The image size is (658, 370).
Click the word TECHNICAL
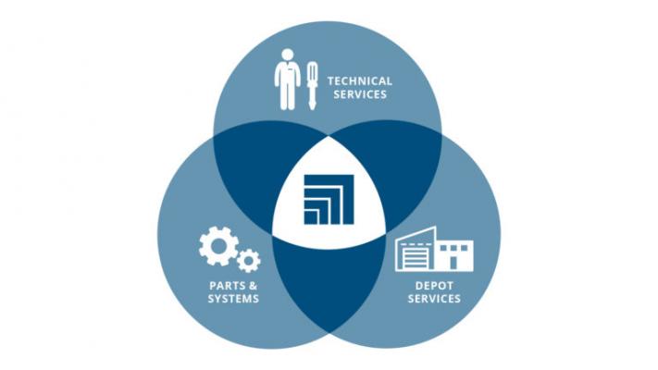pyautogui.click(x=360, y=81)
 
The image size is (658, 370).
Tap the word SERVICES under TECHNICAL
pyautogui.click(x=360, y=94)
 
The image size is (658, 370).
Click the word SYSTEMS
pyautogui.click(x=233, y=299)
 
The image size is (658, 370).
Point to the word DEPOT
pyautogui.click(x=434, y=286)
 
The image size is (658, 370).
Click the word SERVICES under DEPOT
pyautogui.click(x=434, y=299)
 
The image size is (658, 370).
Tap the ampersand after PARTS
pyautogui.click(x=253, y=286)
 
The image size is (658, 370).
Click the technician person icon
pyautogui.click(x=288, y=80)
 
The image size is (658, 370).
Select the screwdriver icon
pyautogui.click(x=312, y=86)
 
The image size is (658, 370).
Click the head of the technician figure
pyautogui.click(x=288, y=55)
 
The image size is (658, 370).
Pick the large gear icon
pyautogui.click(x=218, y=246)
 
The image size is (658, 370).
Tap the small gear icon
pyautogui.click(x=248, y=261)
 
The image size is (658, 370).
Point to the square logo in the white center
pyautogui.click(x=329, y=199)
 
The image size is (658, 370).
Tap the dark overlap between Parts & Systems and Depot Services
pyautogui.click(x=329, y=285)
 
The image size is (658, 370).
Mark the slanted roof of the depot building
pyautogui.click(x=416, y=234)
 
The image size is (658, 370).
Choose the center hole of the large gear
pyautogui.click(x=218, y=246)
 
